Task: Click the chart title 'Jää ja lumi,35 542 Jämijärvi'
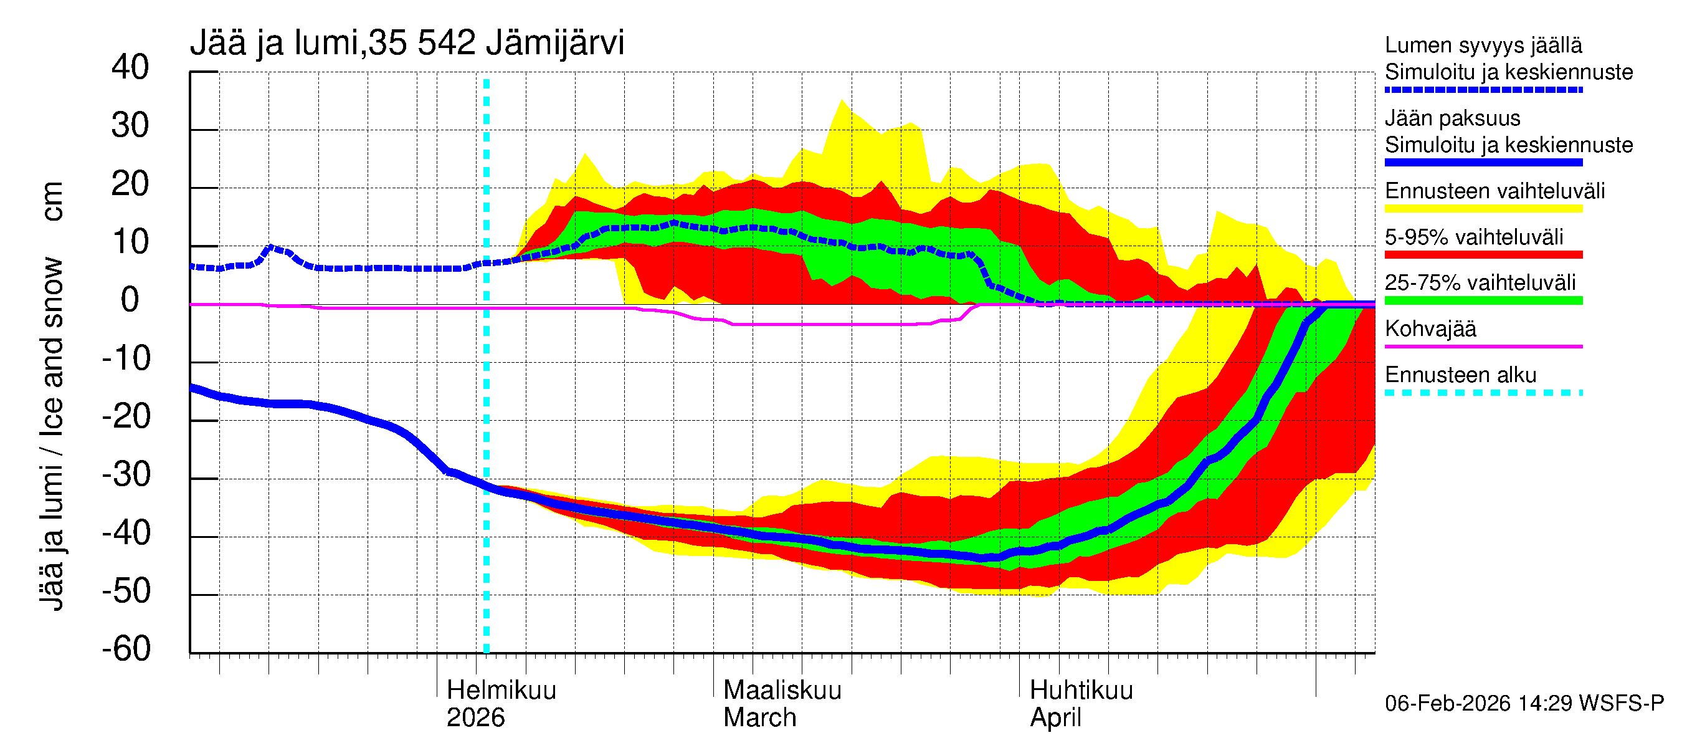(x=406, y=43)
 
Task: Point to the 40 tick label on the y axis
(x=130, y=67)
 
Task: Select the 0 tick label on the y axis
(x=130, y=300)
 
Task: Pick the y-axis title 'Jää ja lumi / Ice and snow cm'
(x=52, y=395)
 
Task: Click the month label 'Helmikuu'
(x=501, y=690)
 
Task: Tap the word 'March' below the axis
(x=759, y=717)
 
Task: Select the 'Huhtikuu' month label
(x=1081, y=690)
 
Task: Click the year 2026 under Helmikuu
(x=475, y=717)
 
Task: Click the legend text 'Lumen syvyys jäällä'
(x=1483, y=45)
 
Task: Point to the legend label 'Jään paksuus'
(x=1452, y=118)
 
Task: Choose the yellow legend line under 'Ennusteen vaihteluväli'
(x=1483, y=208)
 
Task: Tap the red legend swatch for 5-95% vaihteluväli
(x=1483, y=254)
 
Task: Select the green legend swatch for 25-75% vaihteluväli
(x=1483, y=300)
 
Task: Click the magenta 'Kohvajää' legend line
(x=1483, y=346)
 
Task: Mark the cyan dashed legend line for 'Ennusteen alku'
(x=1483, y=393)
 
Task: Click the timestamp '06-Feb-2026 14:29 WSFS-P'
(x=1524, y=703)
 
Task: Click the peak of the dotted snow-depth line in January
(x=272, y=247)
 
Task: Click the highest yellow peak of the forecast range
(x=842, y=100)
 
